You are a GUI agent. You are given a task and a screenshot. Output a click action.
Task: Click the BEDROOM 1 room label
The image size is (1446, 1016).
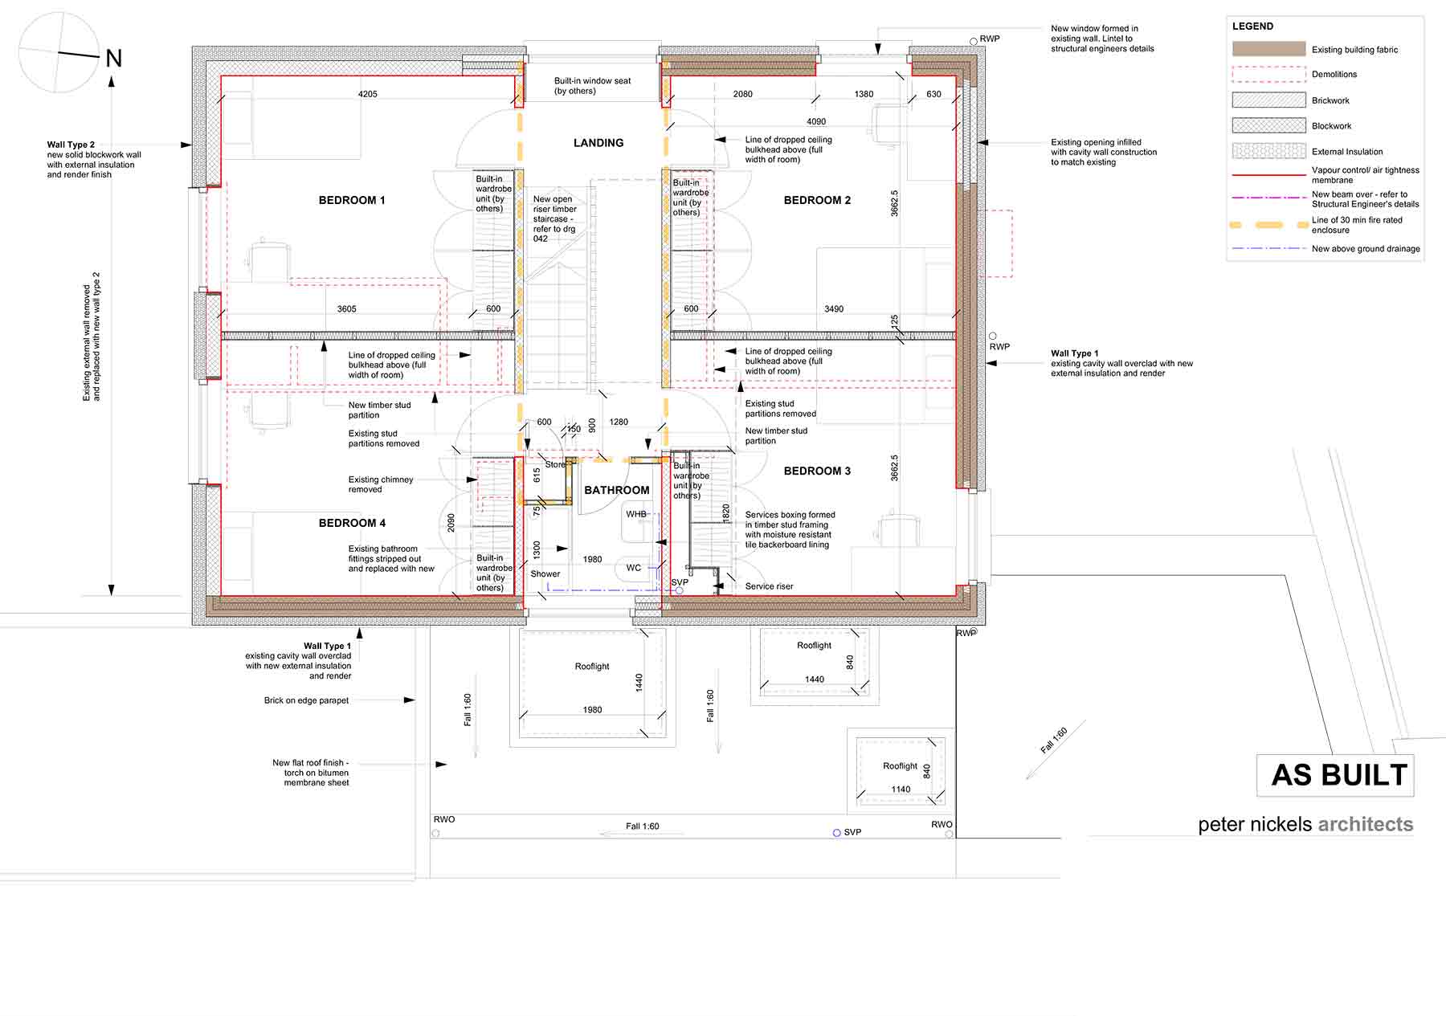point(352,200)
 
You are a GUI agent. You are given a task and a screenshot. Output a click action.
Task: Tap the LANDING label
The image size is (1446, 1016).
point(598,143)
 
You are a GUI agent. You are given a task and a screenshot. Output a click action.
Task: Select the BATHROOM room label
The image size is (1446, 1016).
point(617,490)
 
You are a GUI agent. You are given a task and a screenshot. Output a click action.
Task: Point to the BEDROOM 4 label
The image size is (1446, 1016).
point(352,523)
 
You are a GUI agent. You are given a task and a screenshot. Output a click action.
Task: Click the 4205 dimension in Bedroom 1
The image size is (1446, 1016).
point(368,94)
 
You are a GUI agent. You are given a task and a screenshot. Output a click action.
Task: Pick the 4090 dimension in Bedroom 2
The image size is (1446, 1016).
point(816,121)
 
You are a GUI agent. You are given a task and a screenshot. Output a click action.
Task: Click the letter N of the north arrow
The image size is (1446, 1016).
point(114,59)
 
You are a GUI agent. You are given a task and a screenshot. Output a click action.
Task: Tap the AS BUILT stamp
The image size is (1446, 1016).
point(1339,775)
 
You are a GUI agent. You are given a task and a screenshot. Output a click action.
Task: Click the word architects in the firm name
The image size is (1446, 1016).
point(1366,824)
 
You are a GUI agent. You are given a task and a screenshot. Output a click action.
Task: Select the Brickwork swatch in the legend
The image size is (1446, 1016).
point(1269,100)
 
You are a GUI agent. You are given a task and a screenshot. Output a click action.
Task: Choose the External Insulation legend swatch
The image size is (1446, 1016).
point(1269,151)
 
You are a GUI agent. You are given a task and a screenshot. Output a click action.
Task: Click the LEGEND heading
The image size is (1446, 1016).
point(1252,27)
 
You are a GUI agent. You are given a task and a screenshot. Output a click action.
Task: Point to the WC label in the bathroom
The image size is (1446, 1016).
point(634,568)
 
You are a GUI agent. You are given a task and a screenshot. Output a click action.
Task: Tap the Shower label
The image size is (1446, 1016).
point(545,573)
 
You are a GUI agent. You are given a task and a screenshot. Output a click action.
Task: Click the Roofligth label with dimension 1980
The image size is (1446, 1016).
point(592,667)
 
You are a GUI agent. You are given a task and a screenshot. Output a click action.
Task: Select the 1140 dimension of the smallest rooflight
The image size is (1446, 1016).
point(901,790)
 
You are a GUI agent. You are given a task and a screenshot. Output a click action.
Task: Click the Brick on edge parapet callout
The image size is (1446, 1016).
point(306,700)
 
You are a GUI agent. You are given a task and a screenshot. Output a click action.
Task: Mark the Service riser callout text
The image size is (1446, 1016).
point(769,586)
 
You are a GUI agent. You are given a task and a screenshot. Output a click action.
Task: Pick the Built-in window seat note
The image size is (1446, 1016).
point(593,86)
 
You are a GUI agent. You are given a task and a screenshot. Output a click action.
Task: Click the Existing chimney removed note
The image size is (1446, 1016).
point(381,484)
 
